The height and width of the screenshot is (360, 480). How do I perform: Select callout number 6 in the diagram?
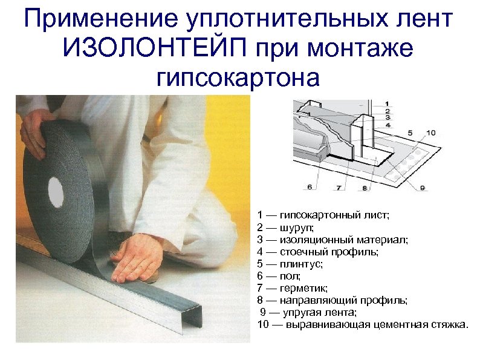(310, 188)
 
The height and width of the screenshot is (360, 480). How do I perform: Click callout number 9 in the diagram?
(423, 188)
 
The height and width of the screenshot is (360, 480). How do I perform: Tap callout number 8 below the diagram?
(365, 188)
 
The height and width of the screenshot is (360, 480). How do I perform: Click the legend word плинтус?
(300, 264)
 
